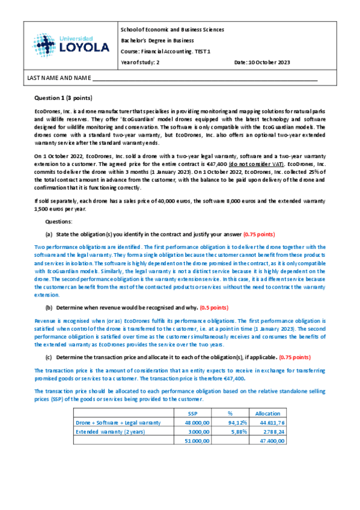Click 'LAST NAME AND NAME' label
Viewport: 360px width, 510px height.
58,78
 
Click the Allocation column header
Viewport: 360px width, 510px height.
267,414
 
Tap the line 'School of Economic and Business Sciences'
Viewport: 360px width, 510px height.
172,29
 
